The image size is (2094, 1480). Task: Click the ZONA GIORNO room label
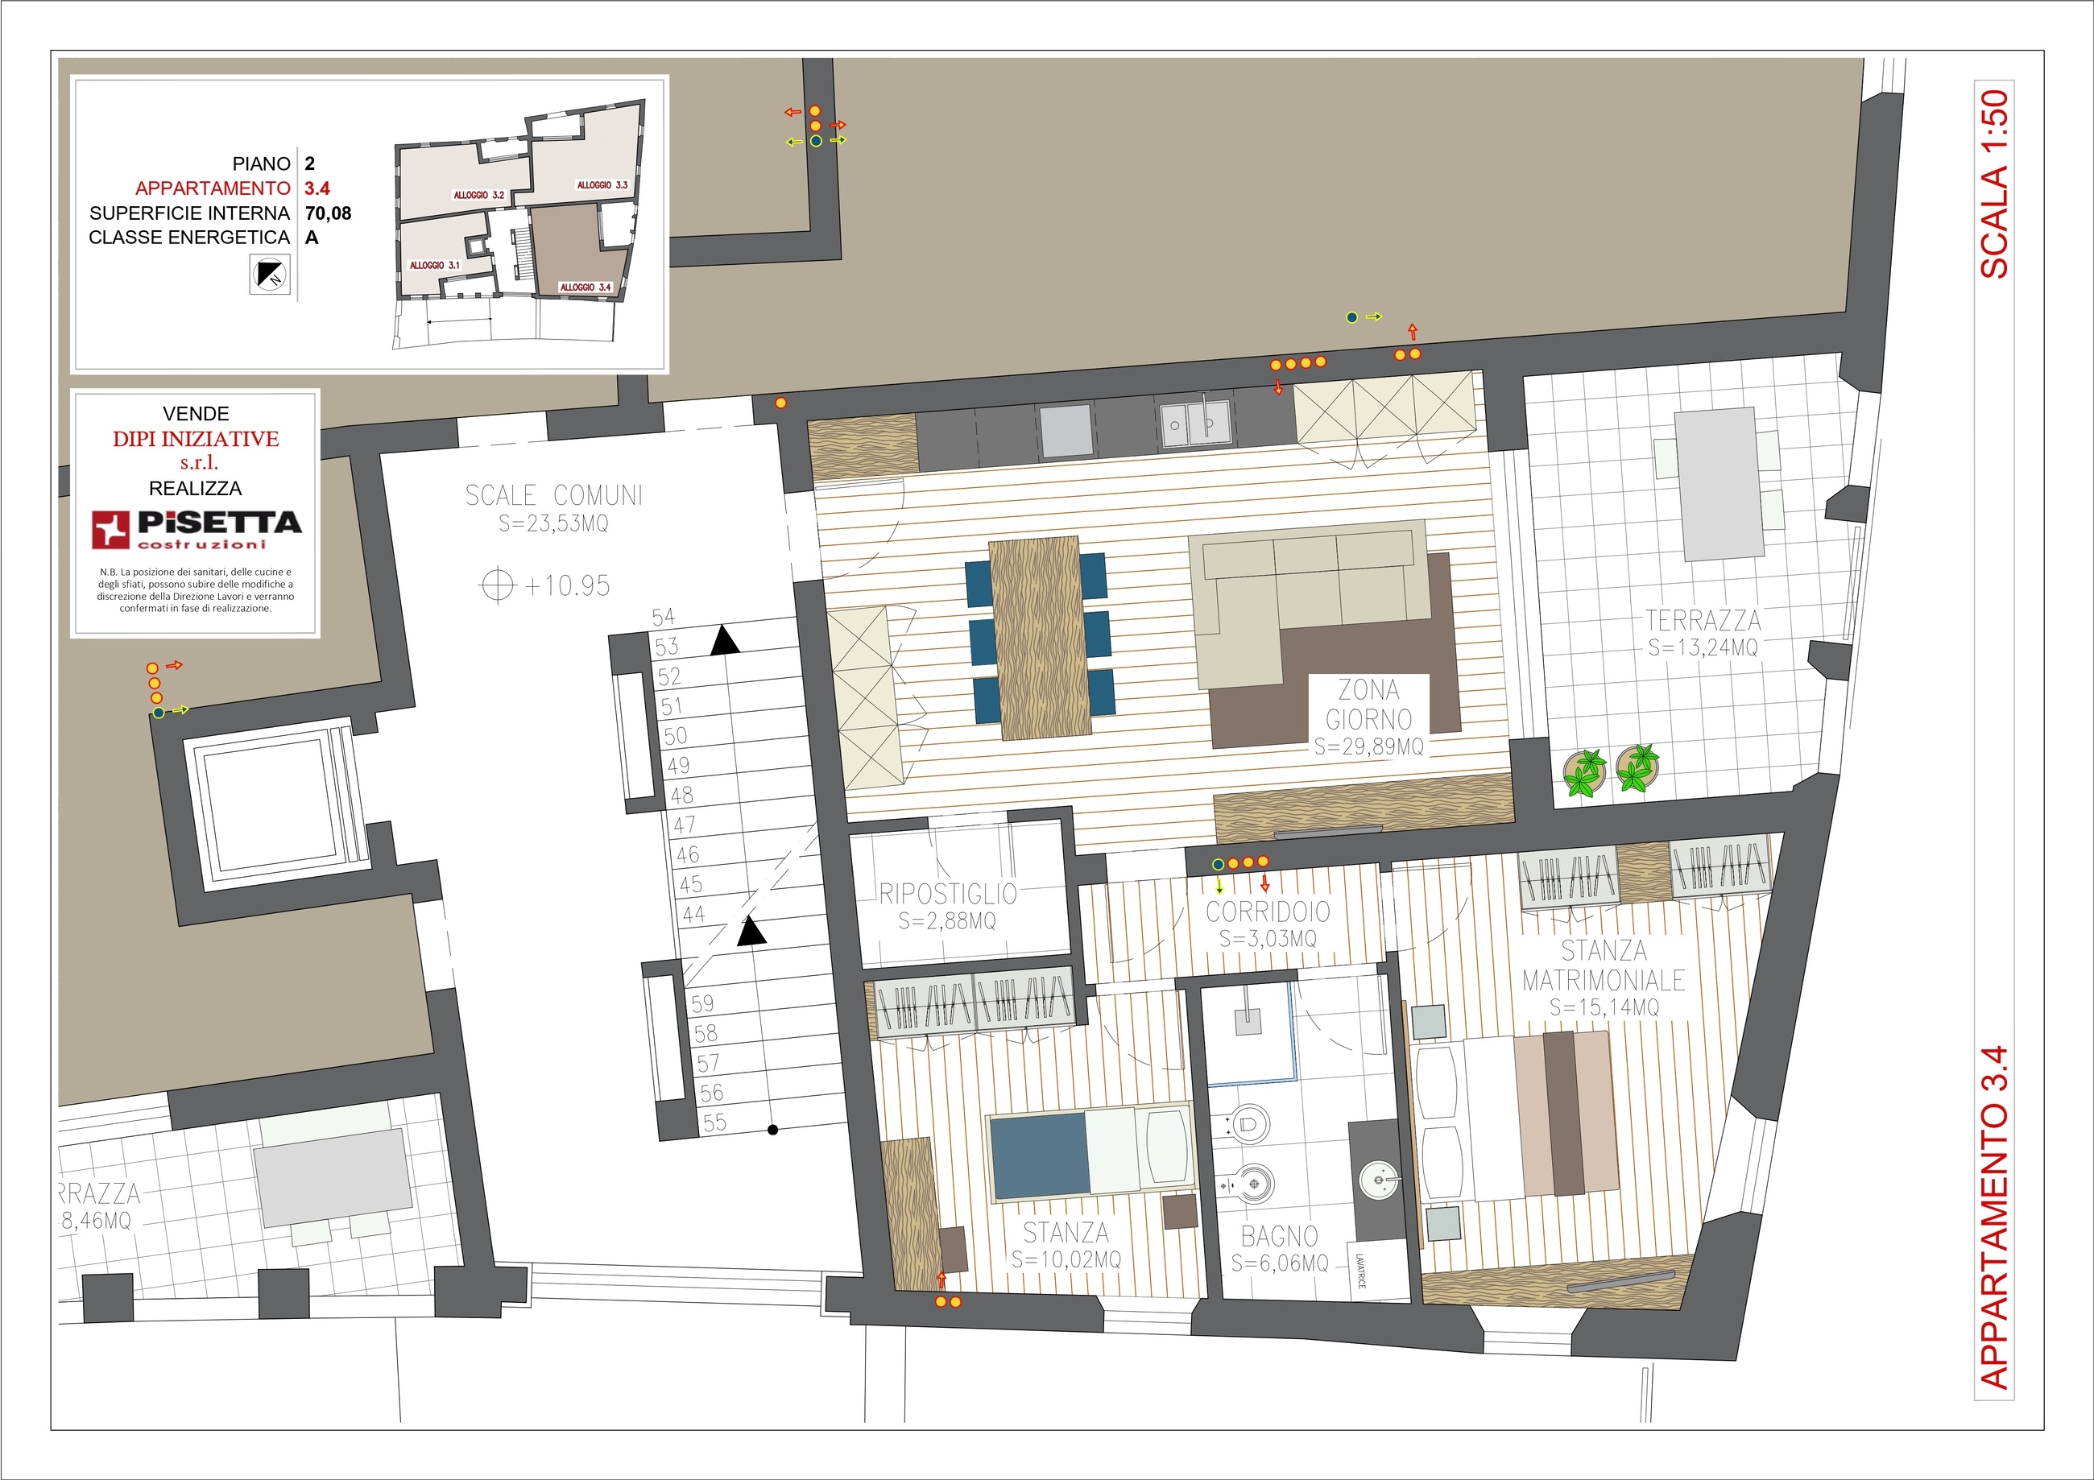[1368, 704]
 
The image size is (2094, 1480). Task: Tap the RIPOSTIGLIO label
[948, 893]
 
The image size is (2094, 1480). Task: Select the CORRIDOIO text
[1268, 911]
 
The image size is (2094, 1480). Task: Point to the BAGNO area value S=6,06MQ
[1280, 1263]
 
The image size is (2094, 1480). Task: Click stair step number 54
[663, 618]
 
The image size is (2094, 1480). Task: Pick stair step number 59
[702, 1004]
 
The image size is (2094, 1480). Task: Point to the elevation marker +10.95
[545, 585]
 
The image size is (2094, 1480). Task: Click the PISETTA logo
[196, 529]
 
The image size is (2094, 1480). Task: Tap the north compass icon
[270, 275]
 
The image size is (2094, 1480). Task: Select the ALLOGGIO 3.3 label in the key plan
[602, 185]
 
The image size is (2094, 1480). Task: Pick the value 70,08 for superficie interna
[329, 213]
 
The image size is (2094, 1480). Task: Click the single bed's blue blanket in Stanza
[1039, 1156]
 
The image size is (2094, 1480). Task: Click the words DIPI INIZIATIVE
[196, 439]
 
